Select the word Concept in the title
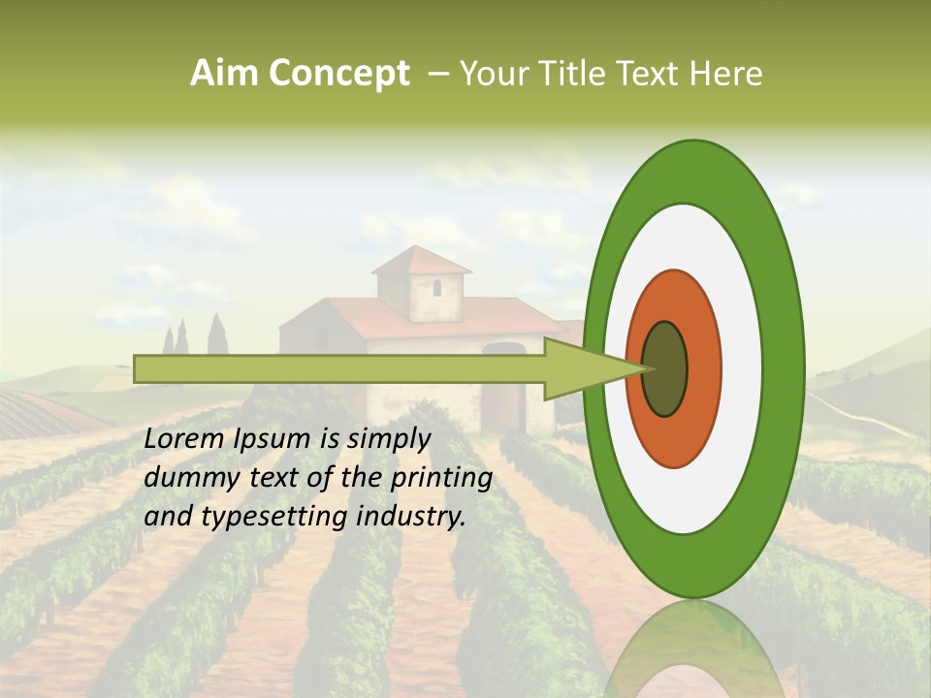click(x=339, y=74)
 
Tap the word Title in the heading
click(x=572, y=74)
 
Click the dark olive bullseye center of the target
click(x=664, y=368)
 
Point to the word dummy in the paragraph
click(x=184, y=478)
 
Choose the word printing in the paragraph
click(x=442, y=478)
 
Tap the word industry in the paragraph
click(x=411, y=517)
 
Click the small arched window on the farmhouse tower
click(x=436, y=288)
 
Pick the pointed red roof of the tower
click(x=421, y=260)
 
